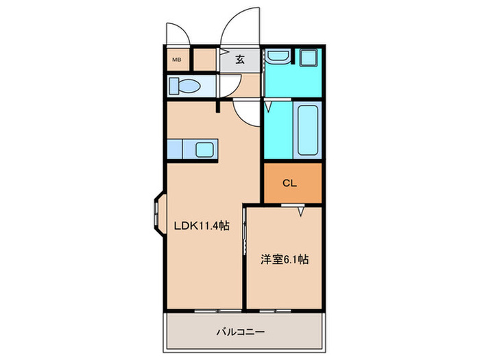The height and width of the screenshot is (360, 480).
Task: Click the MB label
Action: tap(176, 59)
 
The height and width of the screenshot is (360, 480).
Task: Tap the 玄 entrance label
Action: tap(240, 59)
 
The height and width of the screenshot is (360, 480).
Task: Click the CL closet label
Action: tap(290, 183)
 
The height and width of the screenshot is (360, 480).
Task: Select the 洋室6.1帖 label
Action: tap(284, 260)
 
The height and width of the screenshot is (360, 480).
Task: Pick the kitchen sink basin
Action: tap(204, 149)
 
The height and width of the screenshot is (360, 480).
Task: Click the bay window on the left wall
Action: tap(157, 215)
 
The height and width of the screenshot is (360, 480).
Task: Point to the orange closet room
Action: tap(291, 183)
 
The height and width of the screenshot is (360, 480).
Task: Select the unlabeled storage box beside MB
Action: tap(204, 60)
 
